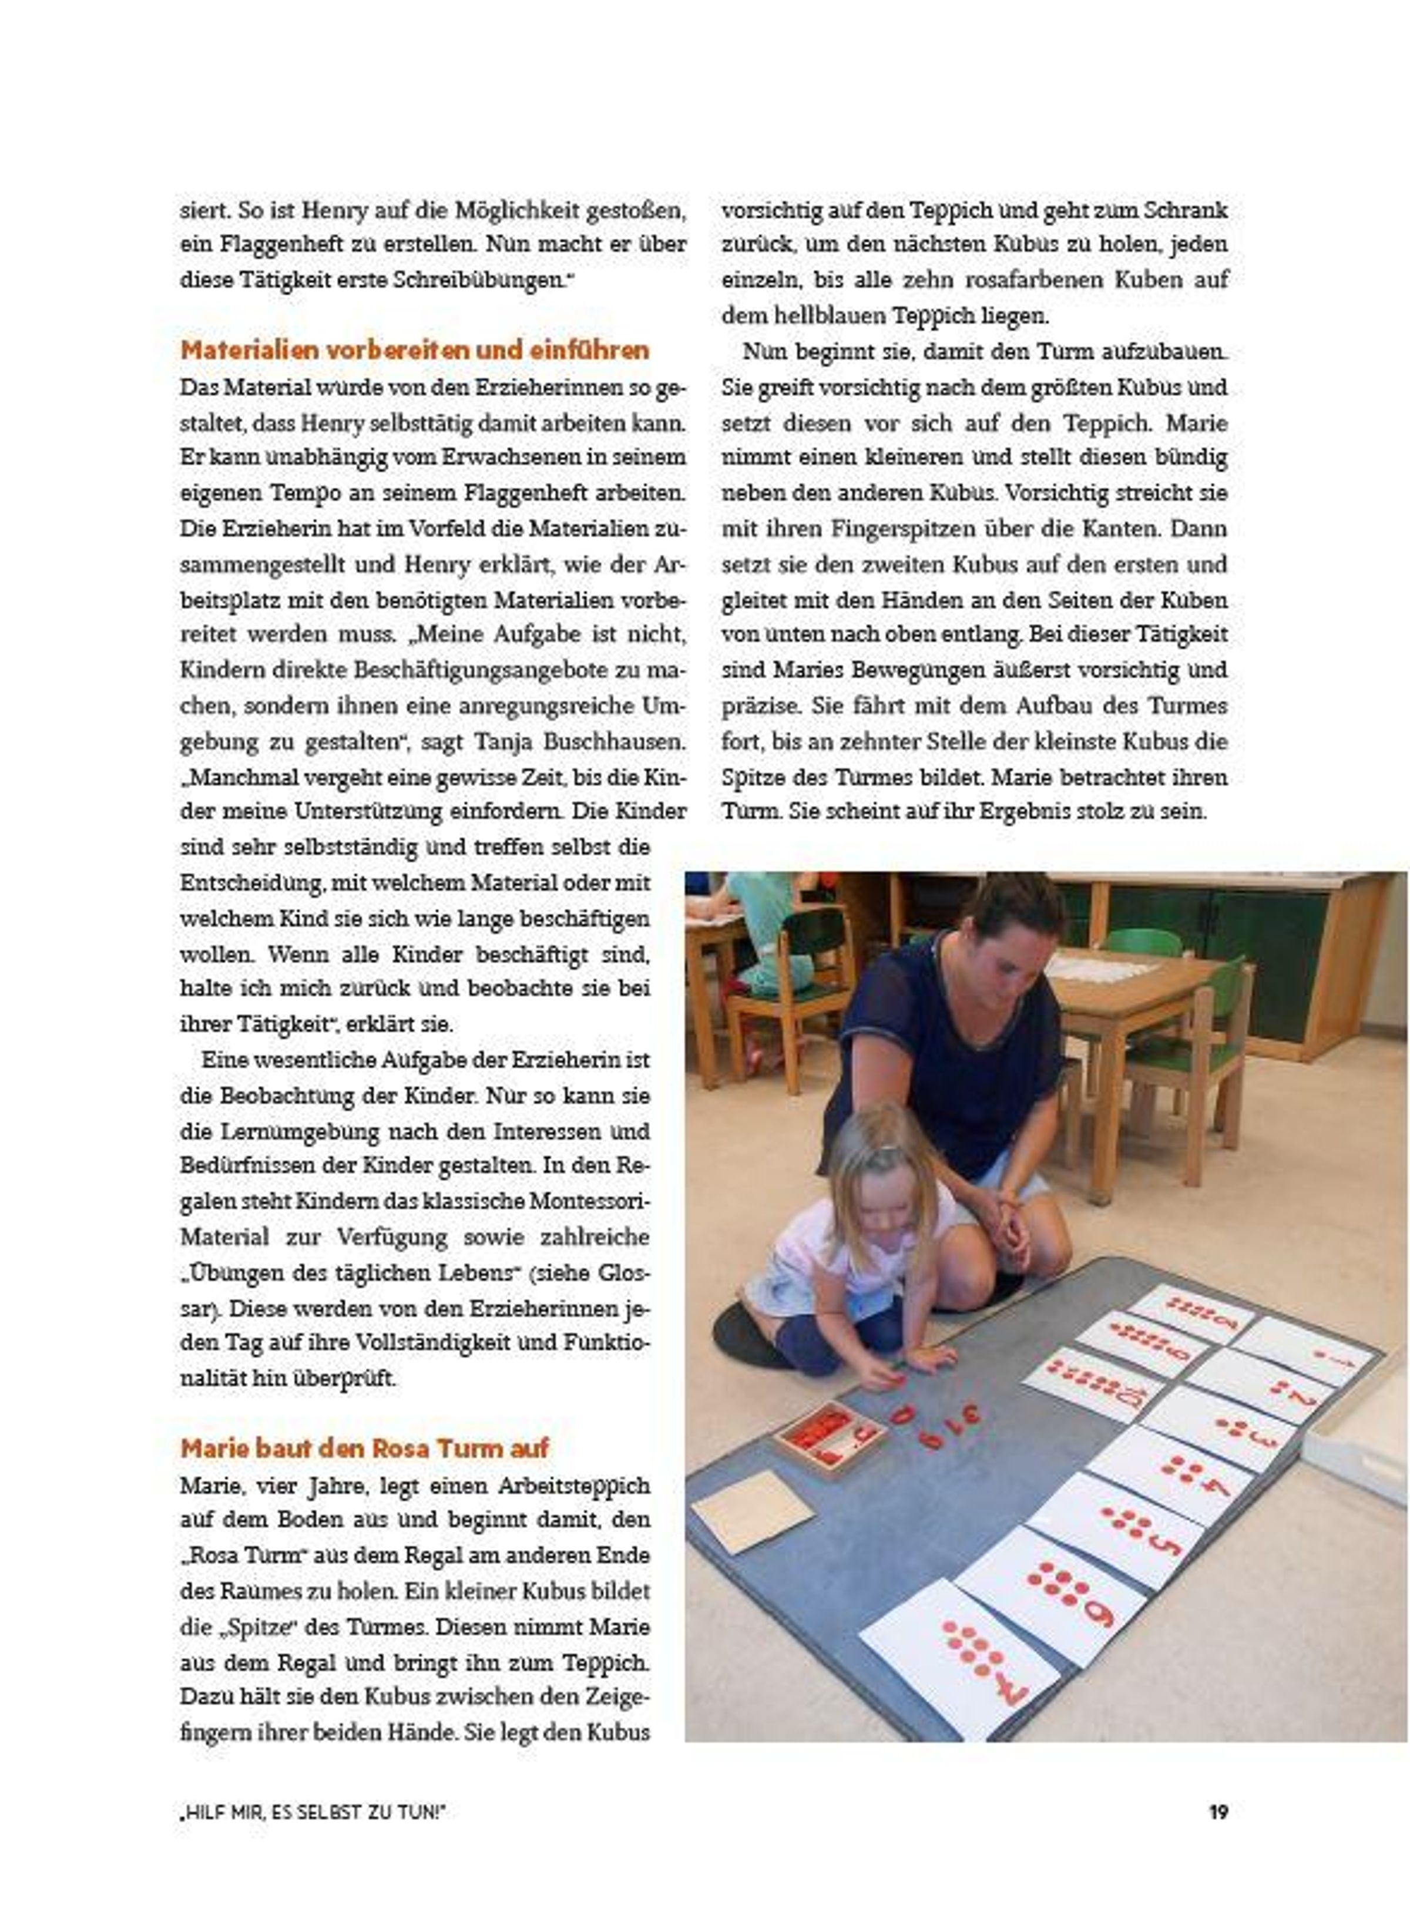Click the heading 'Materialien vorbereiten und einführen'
[x=415, y=350]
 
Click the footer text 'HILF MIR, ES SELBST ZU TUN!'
[x=313, y=1812]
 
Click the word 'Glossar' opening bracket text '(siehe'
[x=564, y=1272]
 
